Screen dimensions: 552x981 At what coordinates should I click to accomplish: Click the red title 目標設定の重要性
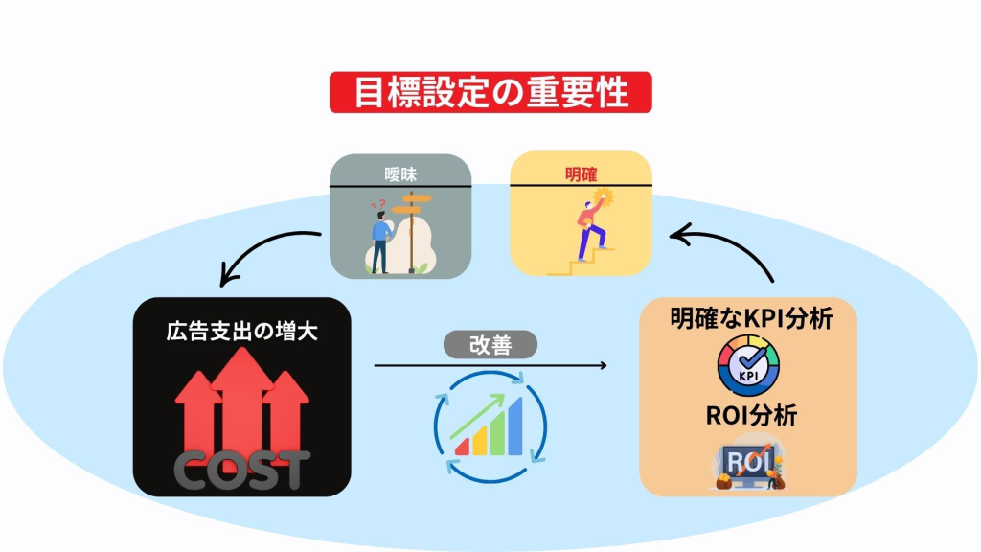pyautogui.click(x=490, y=93)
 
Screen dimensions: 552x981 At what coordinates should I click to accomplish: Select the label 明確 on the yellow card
pyautogui.click(x=581, y=175)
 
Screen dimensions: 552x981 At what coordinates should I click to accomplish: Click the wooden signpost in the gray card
pyautogui.click(x=413, y=230)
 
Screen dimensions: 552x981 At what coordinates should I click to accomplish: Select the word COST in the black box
pyautogui.click(x=242, y=469)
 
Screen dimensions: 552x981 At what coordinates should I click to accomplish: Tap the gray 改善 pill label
pyautogui.click(x=490, y=344)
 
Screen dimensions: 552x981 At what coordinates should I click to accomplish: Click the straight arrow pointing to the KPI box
pyautogui.click(x=490, y=365)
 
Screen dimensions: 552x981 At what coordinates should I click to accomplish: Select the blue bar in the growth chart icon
pyautogui.click(x=517, y=426)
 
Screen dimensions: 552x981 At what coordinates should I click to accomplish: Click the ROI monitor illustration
pyautogui.click(x=748, y=465)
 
